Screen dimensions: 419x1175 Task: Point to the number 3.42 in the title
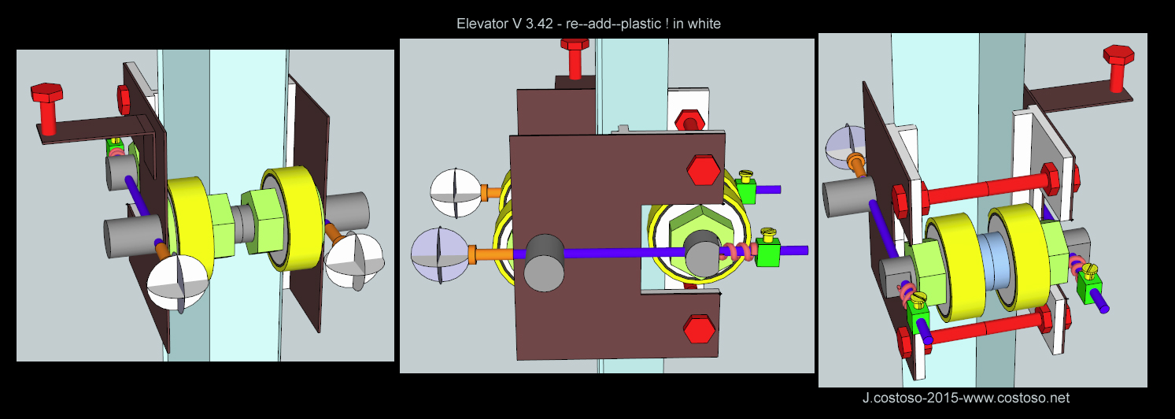[x=538, y=24]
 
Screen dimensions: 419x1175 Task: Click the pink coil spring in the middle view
[x=737, y=252]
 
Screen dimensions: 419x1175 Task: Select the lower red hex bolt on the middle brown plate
[x=699, y=328]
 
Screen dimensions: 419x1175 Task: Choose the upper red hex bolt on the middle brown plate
[x=704, y=169]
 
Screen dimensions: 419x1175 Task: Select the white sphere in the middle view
[x=455, y=193]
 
